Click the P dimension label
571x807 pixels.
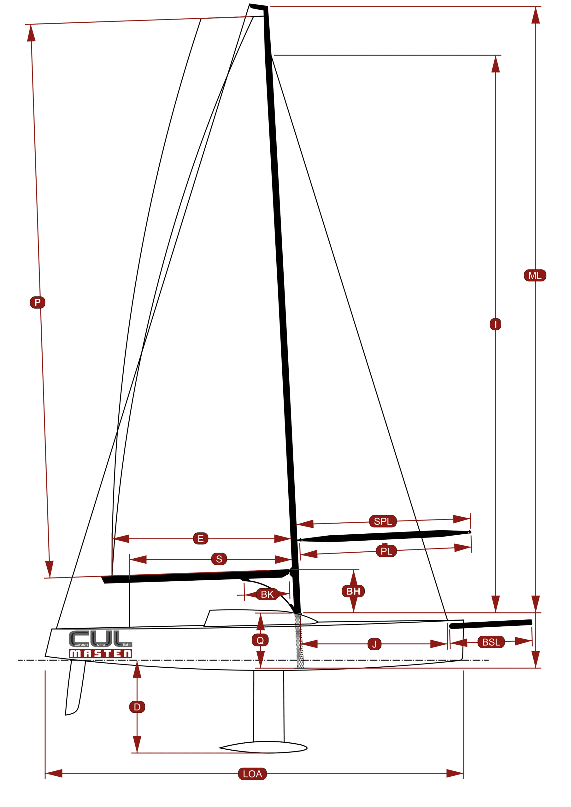click(x=38, y=302)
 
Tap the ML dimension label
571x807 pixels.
click(x=535, y=276)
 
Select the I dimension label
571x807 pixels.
click(x=495, y=324)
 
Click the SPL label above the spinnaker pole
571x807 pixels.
click(x=383, y=521)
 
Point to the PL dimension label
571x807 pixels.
click(x=386, y=551)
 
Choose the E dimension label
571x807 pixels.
click(x=201, y=538)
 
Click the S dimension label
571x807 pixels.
click(x=219, y=559)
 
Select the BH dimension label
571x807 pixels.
click(x=353, y=591)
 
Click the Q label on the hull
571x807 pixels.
click(x=260, y=640)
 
